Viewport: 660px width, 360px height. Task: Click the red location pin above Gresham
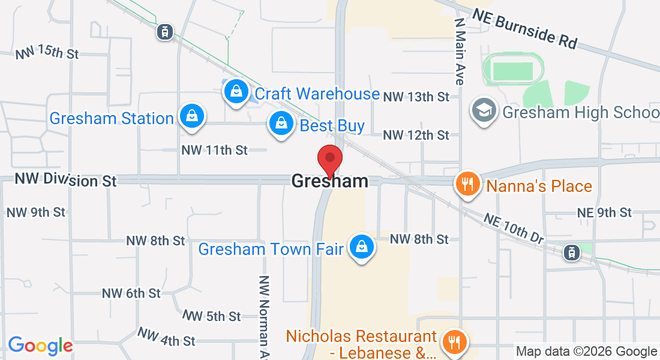(329, 159)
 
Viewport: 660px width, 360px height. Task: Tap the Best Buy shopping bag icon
(280, 124)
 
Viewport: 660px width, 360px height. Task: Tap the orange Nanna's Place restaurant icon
(468, 184)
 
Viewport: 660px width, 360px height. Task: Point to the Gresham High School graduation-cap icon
(484, 110)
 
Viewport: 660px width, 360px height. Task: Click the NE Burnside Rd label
(524, 28)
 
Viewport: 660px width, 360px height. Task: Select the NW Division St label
(65, 179)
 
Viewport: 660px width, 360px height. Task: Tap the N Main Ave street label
(460, 50)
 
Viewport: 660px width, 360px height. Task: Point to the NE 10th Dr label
(513, 229)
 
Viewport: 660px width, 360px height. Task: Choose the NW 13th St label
(416, 96)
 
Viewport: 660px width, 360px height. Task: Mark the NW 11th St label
(214, 150)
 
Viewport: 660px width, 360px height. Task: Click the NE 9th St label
(604, 212)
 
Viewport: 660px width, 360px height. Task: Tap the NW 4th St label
(166, 337)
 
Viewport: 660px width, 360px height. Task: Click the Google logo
(40, 346)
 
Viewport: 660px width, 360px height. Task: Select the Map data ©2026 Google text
(586, 352)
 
